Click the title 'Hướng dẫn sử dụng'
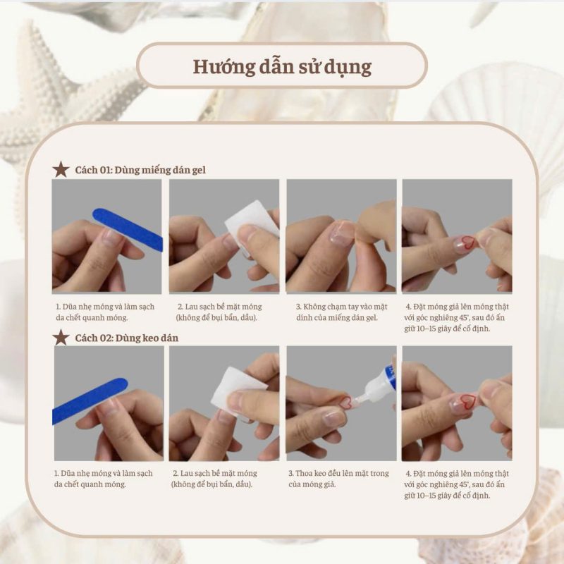click(282, 67)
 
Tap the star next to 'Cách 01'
click(61, 169)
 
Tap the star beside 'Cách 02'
click(61, 338)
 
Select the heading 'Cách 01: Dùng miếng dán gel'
click(140, 170)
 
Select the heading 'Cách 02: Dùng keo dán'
click(127, 338)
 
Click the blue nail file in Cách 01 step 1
click(128, 228)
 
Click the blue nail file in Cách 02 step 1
click(90, 400)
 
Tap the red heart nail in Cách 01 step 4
click(466, 243)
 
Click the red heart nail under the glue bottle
click(345, 402)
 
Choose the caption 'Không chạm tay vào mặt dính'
click(342, 307)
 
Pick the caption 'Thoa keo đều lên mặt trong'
click(338, 473)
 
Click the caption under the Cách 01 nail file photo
click(105, 312)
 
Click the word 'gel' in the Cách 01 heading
click(198, 171)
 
